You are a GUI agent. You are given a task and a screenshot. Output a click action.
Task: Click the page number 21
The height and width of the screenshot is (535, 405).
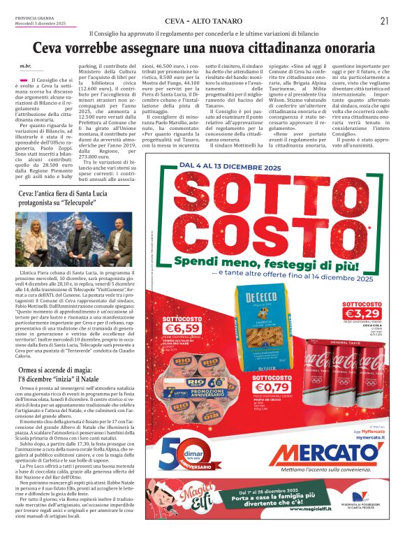pyautogui.click(x=384, y=20)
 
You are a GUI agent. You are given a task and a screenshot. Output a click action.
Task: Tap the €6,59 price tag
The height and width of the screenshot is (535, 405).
pyautogui.click(x=182, y=328)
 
